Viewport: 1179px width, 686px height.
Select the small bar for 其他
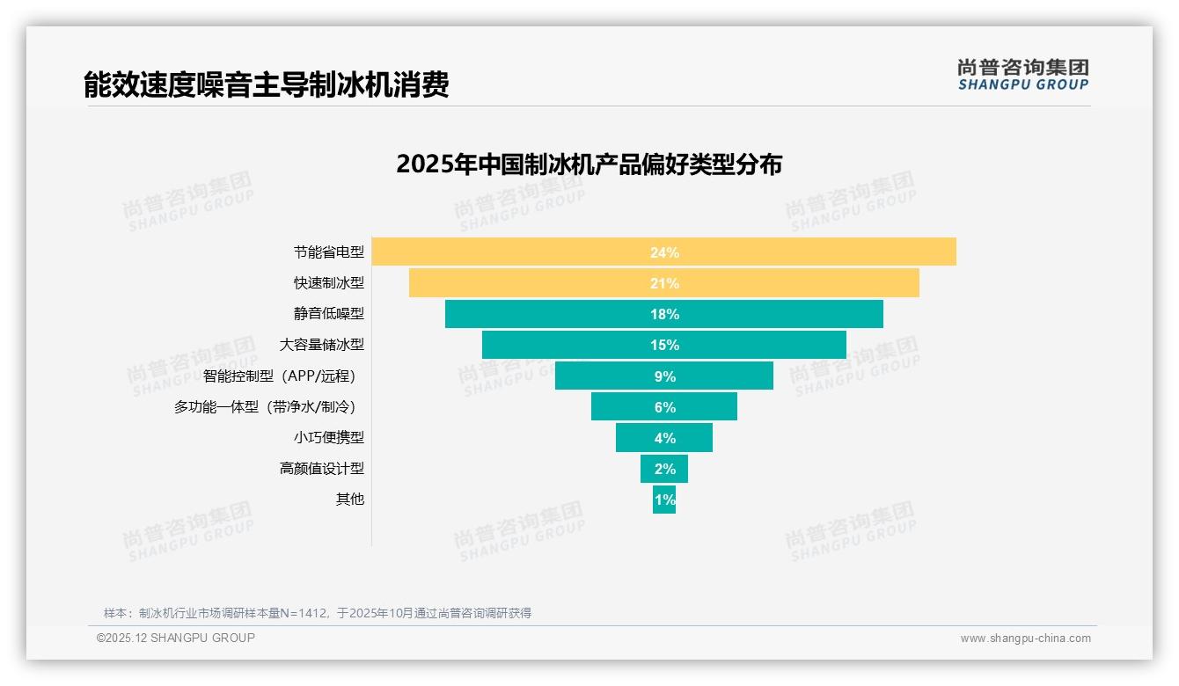coord(664,500)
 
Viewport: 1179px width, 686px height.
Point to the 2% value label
coord(664,469)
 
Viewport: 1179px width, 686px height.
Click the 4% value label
coord(664,438)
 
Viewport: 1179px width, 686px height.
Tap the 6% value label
coord(664,407)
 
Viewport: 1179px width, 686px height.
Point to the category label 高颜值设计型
coord(321,469)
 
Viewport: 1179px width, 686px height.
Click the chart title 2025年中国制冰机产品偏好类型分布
coord(589,164)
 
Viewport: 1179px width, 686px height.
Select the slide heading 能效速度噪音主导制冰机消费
coord(267,84)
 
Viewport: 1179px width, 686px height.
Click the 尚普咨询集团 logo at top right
coord(1022,75)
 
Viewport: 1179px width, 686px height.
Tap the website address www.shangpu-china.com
coord(1025,639)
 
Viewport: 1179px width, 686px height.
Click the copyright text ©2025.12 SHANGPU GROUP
coord(176,638)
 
